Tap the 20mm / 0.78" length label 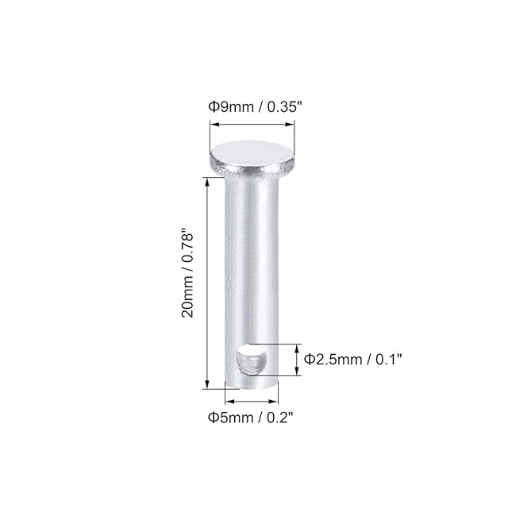point(187,273)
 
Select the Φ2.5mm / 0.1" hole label point(352,360)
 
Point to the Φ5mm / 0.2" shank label point(251,418)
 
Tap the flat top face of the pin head point(252,154)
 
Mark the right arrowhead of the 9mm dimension point(290,125)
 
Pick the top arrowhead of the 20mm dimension point(207,183)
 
